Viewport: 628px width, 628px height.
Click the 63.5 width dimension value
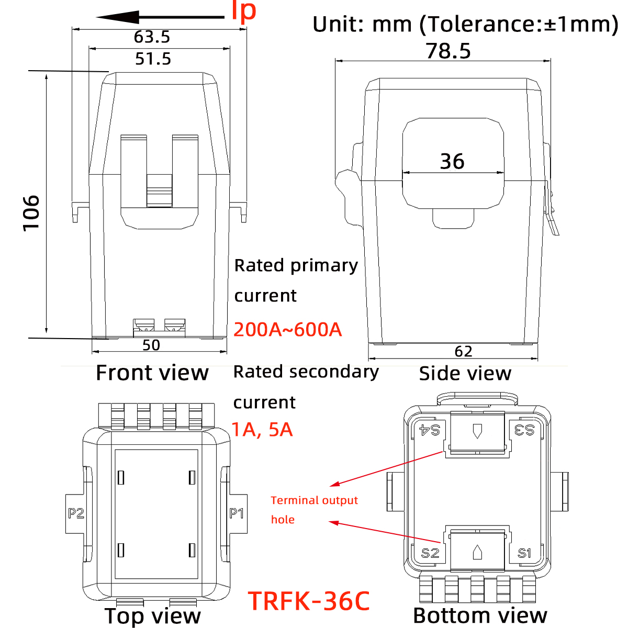(x=152, y=37)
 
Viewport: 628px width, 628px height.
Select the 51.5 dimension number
(x=153, y=59)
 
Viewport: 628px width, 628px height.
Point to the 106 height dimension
(x=31, y=212)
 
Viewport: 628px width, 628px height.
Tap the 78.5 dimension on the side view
(x=448, y=51)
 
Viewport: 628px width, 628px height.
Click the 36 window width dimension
(x=452, y=161)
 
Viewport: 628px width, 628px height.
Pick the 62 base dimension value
(x=463, y=351)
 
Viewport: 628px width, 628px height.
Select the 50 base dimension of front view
(x=151, y=345)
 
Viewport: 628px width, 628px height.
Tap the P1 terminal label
(x=237, y=513)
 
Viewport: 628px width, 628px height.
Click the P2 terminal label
(x=76, y=513)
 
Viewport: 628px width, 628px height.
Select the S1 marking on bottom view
(x=524, y=553)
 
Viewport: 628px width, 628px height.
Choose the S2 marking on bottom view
(x=430, y=553)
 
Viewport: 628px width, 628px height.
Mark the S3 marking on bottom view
(x=524, y=430)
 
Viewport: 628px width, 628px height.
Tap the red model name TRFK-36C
(x=309, y=601)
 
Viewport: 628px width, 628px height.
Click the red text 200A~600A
(x=288, y=330)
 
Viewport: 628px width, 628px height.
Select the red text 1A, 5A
(x=262, y=430)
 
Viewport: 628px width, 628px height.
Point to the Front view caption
(x=152, y=373)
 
